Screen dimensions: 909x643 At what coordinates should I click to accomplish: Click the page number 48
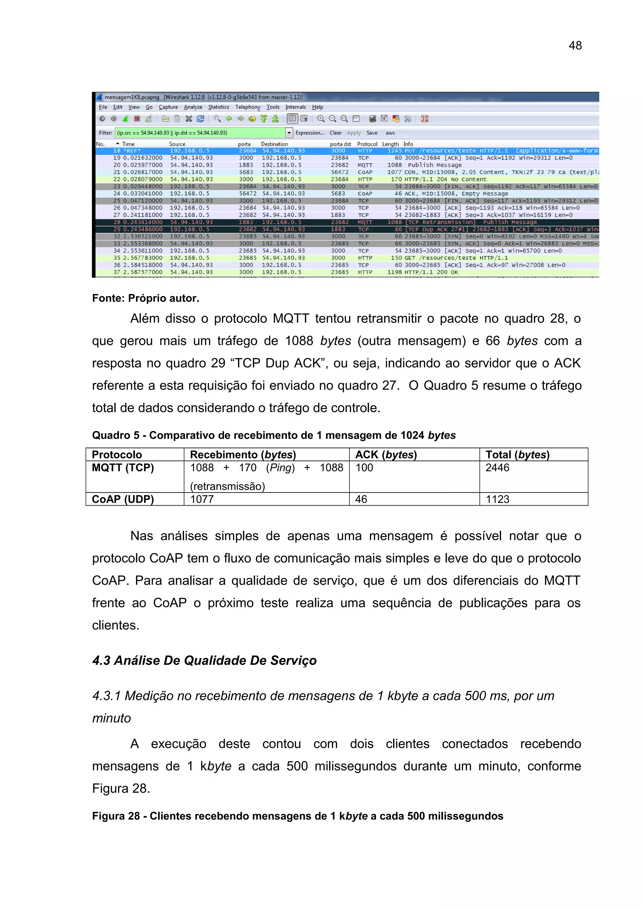pyautogui.click(x=575, y=45)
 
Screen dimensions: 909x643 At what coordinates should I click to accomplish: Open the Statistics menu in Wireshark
pyautogui.click(x=218, y=107)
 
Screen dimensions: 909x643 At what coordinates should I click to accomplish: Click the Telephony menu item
pyautogui.click(x=248, y=107)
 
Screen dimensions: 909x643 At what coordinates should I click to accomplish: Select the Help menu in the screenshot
pyautogui.click(x=317, y=107)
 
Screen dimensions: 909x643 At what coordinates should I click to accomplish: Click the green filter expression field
pyautogui.click(x=200, y=133)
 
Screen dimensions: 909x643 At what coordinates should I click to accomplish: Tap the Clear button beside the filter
pyautogui.click(x=336, y=133)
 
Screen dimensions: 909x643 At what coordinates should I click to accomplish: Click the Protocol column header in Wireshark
pyautogui.click(x=367, y=144)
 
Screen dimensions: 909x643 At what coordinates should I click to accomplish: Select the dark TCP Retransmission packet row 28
pyautogui.click(x=277, y=222)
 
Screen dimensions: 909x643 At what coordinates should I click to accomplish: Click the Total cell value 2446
pyautogui.click(x=497, y=468)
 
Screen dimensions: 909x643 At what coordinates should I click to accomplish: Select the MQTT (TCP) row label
pyautogui.click(x=123, y=468)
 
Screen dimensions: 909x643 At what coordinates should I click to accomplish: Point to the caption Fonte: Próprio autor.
pyautogui.click(x=145, y=298)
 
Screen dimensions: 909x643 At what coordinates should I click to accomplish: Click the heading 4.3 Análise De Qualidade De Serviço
pyautogui.click(x=204, y=660)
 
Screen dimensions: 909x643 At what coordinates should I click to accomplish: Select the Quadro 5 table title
pyautogui.click(x=274, y=435)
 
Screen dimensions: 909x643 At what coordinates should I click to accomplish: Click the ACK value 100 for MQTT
pyautogui.click(x=364, y=468)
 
